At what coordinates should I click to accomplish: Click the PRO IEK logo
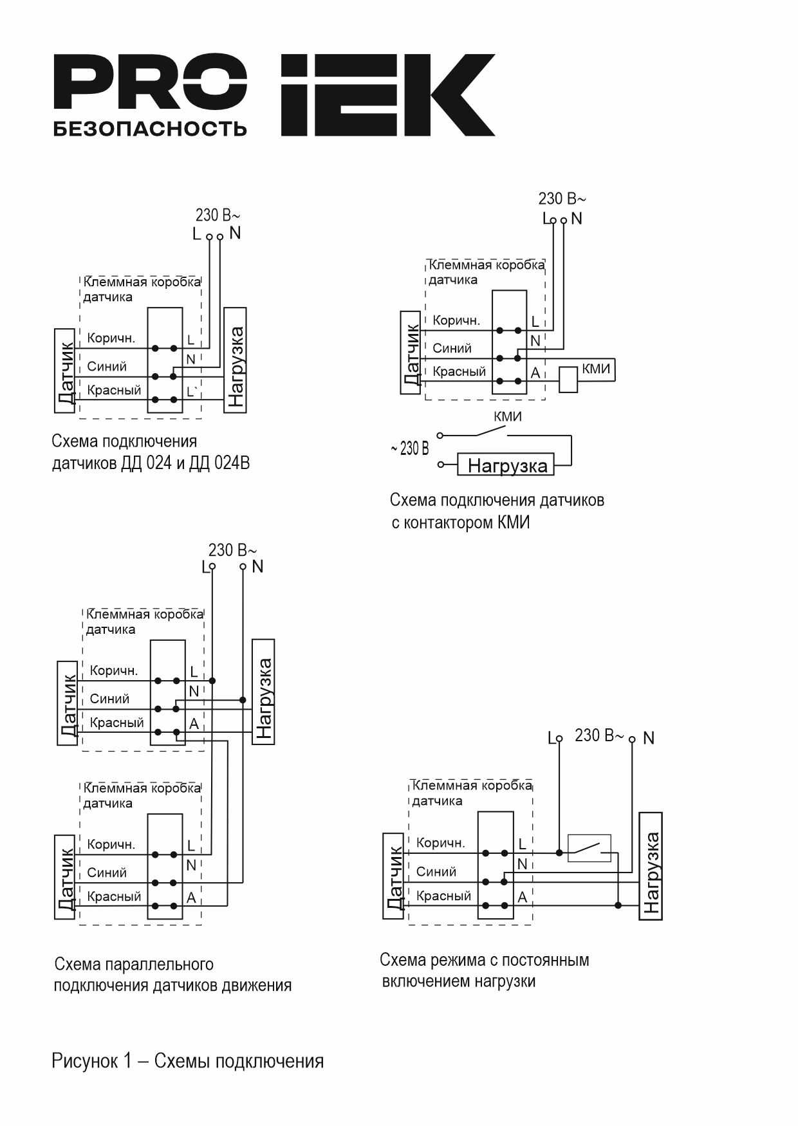274,95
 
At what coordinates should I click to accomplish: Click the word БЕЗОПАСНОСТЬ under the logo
149,129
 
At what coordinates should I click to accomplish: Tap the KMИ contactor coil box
568,380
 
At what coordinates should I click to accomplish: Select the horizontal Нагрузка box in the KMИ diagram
506,465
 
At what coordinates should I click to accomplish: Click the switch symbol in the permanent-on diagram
589,848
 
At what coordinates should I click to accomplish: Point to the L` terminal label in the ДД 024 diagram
192,391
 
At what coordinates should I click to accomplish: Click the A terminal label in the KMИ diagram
535,373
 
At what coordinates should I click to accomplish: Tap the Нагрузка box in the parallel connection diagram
263,692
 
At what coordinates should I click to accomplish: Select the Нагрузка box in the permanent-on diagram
651,866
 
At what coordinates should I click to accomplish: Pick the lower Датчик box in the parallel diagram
65,876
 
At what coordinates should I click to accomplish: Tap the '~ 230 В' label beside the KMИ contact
409,448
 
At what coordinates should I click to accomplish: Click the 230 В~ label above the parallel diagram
232,550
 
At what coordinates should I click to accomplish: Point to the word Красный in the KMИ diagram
459,372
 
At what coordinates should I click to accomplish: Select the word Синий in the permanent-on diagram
436,872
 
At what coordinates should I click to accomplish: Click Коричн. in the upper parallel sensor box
114,670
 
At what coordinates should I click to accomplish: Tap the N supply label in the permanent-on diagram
648,738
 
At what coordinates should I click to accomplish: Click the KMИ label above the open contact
508,416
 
